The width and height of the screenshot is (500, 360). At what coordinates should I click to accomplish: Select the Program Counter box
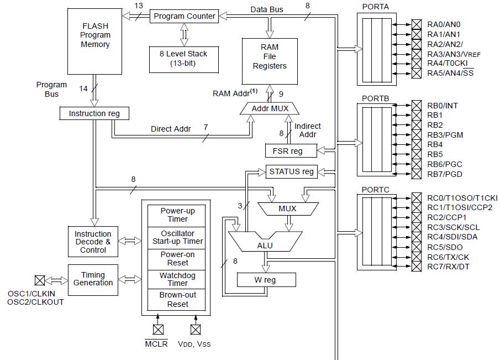click(x=184, y=16)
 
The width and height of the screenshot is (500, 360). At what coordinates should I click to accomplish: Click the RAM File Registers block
click(x=270, y=57)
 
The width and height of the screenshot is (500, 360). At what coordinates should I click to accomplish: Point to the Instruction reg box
click(x=94, y=113)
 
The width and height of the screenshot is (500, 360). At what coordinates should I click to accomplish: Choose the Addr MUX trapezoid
click(x=270, y=108)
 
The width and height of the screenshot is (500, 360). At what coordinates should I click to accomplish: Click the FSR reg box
click(x=292, y=150)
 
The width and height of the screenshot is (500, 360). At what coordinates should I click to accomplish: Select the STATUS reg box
click(x=292, y=171)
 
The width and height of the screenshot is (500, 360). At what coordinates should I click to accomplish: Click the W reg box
click(x=265, y=280)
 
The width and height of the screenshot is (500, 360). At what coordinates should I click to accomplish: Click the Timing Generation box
click(x=93, y=279)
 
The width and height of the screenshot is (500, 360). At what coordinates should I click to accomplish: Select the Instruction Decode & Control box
click(x=93, y=242)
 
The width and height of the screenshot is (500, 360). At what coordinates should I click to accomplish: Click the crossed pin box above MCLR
click(x=159, y=330)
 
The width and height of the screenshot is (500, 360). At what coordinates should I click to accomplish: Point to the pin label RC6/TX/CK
click(x=448, y=257)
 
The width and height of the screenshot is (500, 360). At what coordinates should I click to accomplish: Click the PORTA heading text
click(x=375, y=7)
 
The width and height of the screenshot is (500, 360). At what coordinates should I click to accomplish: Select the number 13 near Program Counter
click(x=139, y=6)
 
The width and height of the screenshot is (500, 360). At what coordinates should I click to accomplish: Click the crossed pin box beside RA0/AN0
click(x=416, y=24)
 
